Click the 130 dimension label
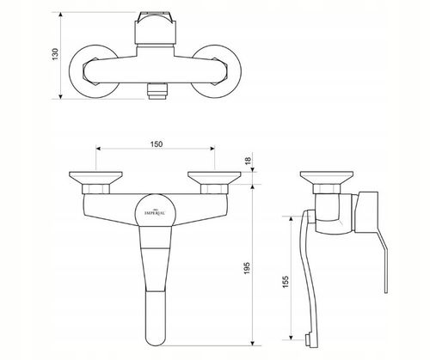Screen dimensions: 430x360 point(55,54)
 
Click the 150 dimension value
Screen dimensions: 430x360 point(157,143)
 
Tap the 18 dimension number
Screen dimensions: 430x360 point(248,160)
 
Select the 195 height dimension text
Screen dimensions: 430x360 point(247,267)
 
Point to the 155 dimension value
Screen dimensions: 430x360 point(286,282)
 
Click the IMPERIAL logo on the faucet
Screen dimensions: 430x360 point(154,212)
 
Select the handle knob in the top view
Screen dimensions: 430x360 point(155,27)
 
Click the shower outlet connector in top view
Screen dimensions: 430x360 point(157,91)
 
